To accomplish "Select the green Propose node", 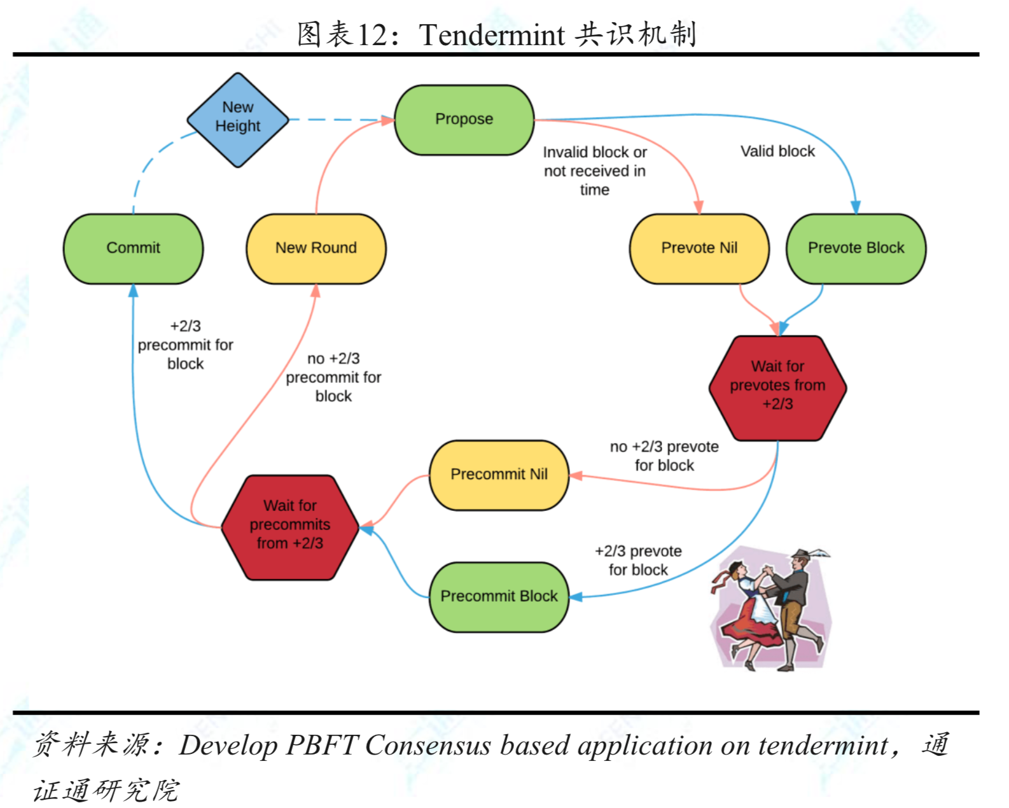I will coord(464,120).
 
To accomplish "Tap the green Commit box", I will coord(133,248).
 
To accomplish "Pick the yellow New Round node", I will coord(316,248).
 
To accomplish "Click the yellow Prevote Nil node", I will coord(699,248).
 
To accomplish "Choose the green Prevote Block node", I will coord(856,248).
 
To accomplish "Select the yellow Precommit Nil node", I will coord(499,475).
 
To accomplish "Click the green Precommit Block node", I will coord(499,597).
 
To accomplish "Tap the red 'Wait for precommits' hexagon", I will coord(290,526).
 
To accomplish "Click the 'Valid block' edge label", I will coord(777,151).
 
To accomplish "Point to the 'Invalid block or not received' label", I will coord(594,171).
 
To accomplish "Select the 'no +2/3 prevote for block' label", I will coord(664,456).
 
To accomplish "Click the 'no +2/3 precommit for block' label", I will coord(333,377).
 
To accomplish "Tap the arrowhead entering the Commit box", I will coord(133,291).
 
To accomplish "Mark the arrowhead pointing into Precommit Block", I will coord(576,597).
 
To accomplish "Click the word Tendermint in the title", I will coord(492,35).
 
